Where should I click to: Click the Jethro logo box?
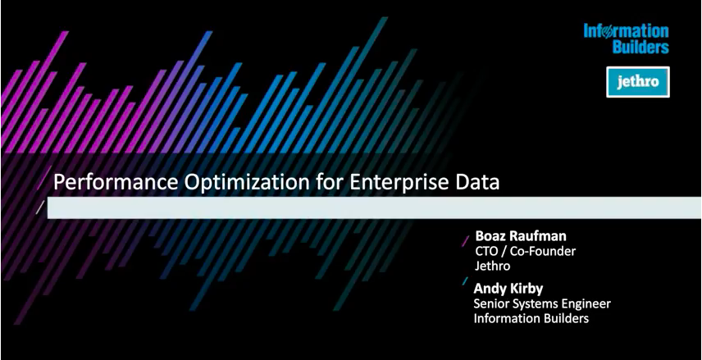pos(638,82)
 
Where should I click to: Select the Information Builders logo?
pos(626,39)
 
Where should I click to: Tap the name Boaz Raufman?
pos(521,236)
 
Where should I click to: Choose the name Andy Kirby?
pos(508,288)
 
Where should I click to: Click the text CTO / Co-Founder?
pos(525,251)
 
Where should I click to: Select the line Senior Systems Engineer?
pos(542,304)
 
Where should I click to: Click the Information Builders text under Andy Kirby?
pos(531,318)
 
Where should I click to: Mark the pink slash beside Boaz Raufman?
pos(466,241)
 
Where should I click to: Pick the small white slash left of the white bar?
pos(40,207)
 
